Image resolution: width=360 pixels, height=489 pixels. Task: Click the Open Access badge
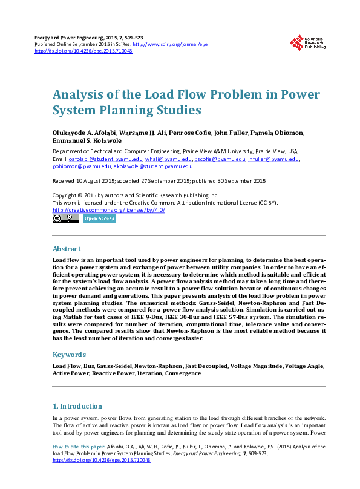[99, 218]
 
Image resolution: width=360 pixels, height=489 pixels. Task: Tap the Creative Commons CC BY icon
[65, 218]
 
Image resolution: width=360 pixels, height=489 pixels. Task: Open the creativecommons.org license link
[108, 209]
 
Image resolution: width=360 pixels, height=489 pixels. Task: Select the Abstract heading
[67, 249]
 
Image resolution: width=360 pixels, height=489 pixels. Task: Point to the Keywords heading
[70, 354]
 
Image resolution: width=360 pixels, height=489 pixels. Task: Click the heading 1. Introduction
[77, 406]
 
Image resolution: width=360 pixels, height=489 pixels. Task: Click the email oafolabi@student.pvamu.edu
[96, 159]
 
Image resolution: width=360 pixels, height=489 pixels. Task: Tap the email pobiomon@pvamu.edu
[82, 166]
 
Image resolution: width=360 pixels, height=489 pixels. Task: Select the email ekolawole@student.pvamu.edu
[153, 166]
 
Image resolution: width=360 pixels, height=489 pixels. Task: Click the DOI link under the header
[83, 51]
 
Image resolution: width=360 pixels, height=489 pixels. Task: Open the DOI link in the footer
[102, 460]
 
